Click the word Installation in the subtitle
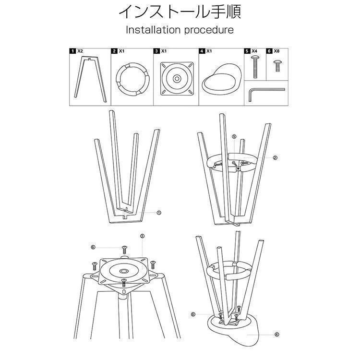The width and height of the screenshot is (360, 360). click(x=153, y=30)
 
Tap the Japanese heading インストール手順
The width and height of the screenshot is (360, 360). click(x=180, y=12)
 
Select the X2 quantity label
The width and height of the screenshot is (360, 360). click(x=80, y=51)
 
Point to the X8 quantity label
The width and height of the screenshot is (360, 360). click(x=276, y=51)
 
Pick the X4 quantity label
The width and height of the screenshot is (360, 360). click(x=254, y=51)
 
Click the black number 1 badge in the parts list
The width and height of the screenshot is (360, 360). click(x=72, y=51)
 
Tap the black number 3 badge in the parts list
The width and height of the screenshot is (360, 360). click(x=156, y=51)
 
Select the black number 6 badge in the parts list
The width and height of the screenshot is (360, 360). click(x=269, y=51)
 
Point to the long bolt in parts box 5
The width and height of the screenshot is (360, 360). click(x=255, y=67)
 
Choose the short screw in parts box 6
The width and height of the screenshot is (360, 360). click(x=277, y=66)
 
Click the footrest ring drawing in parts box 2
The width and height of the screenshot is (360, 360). click(x=132, y=65)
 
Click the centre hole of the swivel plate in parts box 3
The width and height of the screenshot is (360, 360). click(x=177, y=79)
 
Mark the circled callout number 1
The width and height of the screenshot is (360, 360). click(x=159, y=213)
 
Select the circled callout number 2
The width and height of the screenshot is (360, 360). click(x=275, y=158)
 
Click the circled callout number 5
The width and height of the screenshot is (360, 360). click(x=234, y=137)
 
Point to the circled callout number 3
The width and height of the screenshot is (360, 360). click(x=142, y=236)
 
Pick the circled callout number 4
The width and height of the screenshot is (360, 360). click(x=277, y=335)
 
